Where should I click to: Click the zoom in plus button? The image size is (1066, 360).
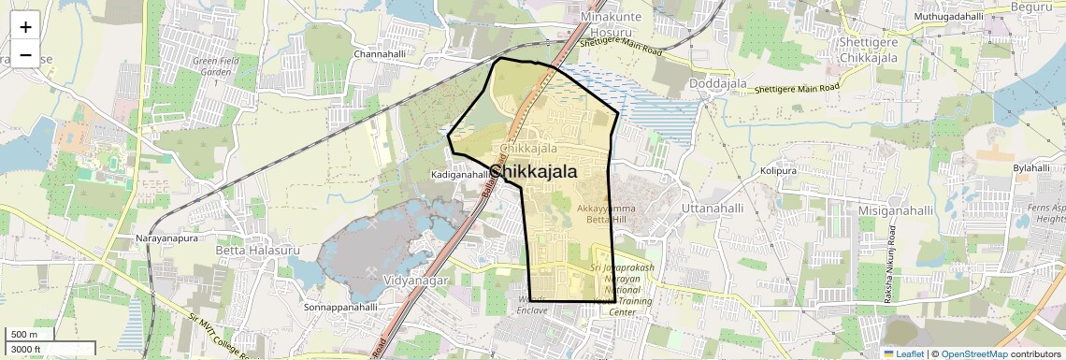25,27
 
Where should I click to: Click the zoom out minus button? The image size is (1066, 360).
25,54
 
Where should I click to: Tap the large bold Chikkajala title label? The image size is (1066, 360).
532,172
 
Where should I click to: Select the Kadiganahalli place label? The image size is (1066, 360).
460,175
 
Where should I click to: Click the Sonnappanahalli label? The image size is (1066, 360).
340,307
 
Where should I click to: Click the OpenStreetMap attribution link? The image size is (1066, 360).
973,353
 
